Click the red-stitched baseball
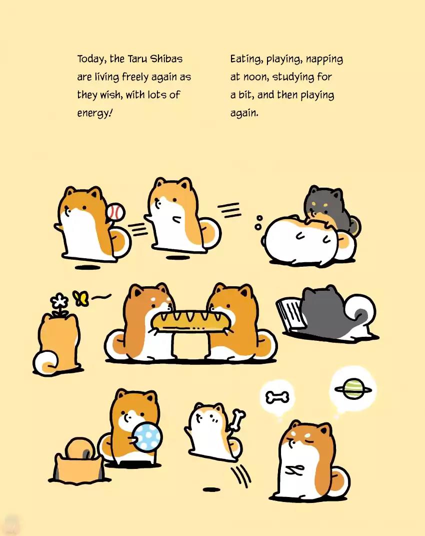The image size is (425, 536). click(x=115, y=212)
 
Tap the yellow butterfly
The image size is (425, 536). click(x=81, y=298)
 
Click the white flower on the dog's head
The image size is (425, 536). click(x=60, y=301)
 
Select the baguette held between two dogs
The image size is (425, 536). click(x=191, y=321)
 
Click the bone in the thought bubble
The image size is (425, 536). click(x=277, y=397)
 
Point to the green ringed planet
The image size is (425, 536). click(x=353, y=389)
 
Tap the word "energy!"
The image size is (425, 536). click(x=94, y=113)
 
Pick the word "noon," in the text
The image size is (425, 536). click(x=255, y=77)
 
